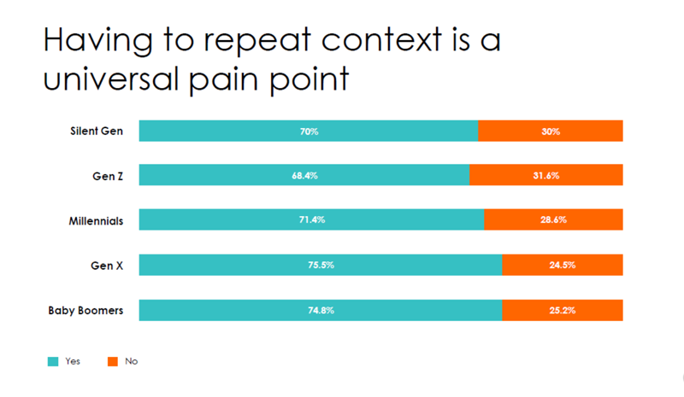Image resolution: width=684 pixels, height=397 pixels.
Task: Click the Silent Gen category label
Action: click(97, 131)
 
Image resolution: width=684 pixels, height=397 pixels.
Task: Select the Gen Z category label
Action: click(108, 176)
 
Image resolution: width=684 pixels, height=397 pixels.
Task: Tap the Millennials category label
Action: click(96, 220)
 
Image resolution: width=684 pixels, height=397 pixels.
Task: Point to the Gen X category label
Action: click(108, 266)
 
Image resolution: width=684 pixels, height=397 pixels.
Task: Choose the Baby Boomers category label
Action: click(85, 310)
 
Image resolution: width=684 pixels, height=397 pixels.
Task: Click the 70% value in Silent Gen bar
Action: click(309, 131)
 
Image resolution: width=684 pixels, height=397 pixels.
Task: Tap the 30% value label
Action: click(550, 131)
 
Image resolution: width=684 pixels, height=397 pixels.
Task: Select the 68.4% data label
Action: click(304, 176)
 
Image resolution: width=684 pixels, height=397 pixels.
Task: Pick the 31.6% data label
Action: click(546, 176)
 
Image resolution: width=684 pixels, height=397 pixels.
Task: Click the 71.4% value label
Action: click(311, 220)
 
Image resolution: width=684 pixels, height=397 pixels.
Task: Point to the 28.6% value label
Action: click(553, 220)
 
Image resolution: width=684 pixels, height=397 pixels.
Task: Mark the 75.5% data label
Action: click(321, 266)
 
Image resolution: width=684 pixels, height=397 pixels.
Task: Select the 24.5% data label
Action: click(562, 266)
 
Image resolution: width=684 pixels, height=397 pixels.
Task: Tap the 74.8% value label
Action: click(320, 310)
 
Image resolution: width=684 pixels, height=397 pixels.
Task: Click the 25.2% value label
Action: click(562, 310)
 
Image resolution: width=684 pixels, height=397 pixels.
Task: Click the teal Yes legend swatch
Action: click(53, 361)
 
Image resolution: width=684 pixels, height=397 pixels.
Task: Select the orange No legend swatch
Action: click(112, 361)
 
